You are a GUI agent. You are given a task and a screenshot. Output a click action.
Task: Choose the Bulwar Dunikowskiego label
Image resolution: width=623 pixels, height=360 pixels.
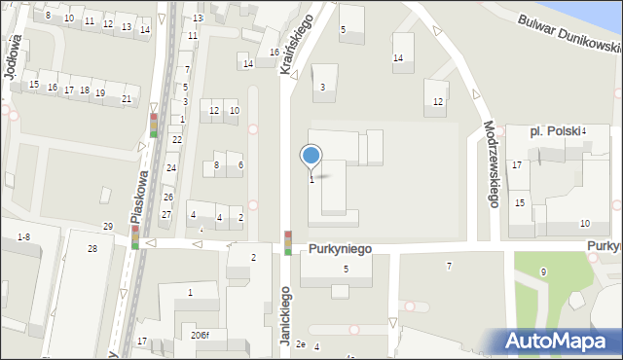pyautogui.click(x=569, y=34)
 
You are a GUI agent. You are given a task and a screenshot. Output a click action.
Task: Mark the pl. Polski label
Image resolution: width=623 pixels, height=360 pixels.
pyautogui.click(x=554, y=130)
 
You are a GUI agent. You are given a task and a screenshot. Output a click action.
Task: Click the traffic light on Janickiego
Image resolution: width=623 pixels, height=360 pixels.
pyautogui.click(x=288, y=242)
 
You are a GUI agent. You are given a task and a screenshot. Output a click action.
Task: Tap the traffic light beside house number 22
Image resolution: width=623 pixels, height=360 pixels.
pyautogui.click(x=154, y=126)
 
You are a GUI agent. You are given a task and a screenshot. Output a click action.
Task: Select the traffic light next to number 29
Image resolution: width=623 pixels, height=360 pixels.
pyautogui.click(x=134, y=236)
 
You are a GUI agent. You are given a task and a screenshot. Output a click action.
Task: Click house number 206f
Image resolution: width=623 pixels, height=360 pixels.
pyautogui.click(x=200, y=335)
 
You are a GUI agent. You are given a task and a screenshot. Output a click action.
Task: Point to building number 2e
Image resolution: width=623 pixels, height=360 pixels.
pyautogui.click(x=301, y=344)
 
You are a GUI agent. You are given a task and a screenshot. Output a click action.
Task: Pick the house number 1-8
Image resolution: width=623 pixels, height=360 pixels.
pyautogui.click(x=24, y=236)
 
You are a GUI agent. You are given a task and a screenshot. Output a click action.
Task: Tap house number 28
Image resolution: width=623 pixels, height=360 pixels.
pyautogui.click(x=92, y=250)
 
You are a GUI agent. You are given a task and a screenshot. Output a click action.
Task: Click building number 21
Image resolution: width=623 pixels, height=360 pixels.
pyautogui.click(x=127, y=98)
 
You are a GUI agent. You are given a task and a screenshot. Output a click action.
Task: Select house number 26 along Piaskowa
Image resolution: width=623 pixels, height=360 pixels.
pyautogui.click(x=167, y=198)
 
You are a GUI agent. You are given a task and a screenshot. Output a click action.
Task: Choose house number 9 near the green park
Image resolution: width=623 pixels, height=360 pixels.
pyautogui.click(x=543, y=271)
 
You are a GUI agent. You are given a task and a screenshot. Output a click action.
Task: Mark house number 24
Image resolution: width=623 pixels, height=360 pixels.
pyautogui.click(x=170, y=168)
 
